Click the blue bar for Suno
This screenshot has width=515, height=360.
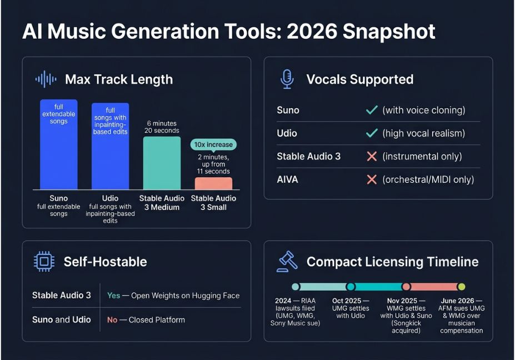(59, 144)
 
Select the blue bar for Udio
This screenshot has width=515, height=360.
(111, 146)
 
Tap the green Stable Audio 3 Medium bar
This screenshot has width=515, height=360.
(162, 163)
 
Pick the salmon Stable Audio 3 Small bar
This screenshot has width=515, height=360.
(213, 184)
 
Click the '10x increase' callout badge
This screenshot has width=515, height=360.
(213, 145)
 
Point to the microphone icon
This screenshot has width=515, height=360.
(287, 79)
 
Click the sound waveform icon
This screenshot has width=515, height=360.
(46, 79)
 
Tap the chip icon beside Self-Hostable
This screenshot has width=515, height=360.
(44, 262)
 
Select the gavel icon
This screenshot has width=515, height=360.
(287, 262)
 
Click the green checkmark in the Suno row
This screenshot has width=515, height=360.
(372, 109)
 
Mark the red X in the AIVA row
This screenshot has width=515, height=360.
(372, 179)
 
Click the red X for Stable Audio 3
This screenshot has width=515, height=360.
(372, 156)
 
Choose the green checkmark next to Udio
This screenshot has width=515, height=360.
(372, 133)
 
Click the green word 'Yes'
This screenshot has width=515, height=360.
(114, 296)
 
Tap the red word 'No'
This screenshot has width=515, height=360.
(112, 319)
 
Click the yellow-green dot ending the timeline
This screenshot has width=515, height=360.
(462, 287)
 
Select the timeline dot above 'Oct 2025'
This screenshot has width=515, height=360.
(351, 287)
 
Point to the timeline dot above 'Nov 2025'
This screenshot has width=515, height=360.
(406, 287)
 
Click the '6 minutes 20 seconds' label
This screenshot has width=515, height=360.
(162, 127)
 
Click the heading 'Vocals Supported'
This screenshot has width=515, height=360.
(360, 79)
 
